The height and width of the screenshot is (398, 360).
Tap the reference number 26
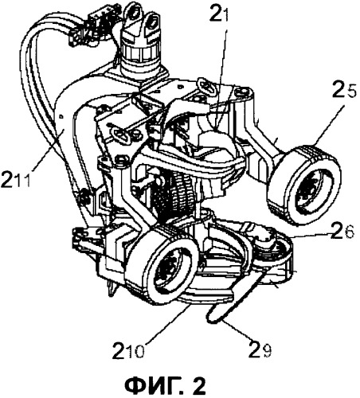(x=343, y=232)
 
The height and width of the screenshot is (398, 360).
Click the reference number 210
(x=129, y=350)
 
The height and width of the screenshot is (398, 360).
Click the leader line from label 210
(x=167, y=323)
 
